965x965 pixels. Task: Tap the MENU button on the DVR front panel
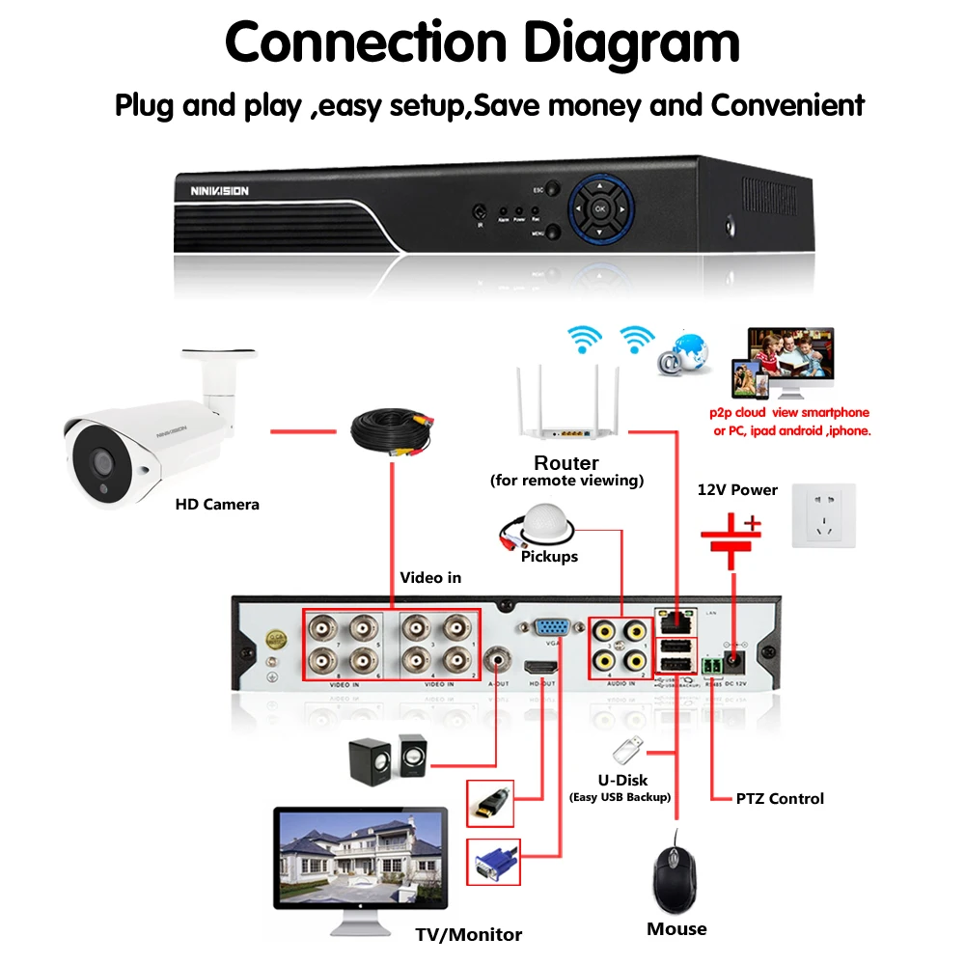(x=553, y=231)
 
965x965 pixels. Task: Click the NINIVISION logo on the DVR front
(x=218, y=191)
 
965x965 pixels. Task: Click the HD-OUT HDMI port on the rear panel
(x=543, y=667)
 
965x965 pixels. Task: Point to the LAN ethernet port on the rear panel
(x=674, y=619)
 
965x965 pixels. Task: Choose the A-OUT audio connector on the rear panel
(x=498, y=661)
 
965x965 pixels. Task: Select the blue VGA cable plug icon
(x=493, y=861)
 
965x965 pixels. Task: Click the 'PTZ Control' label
(x=780, y=798)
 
